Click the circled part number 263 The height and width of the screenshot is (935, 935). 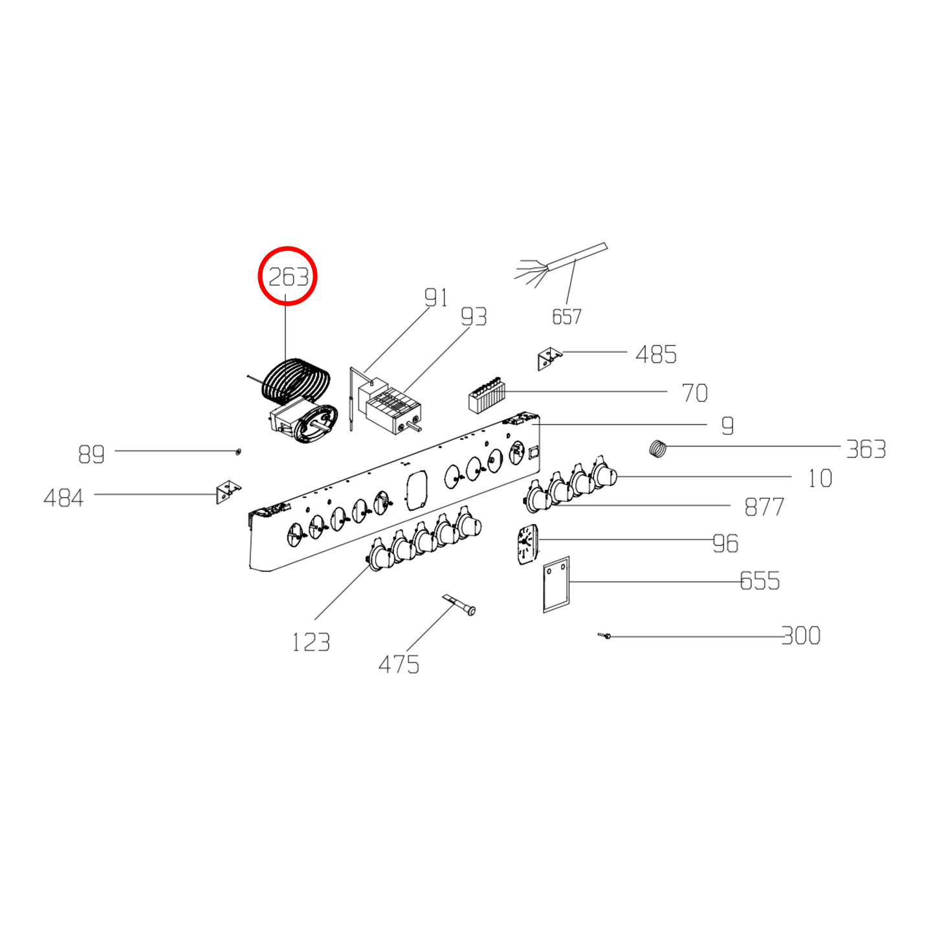[288, 277]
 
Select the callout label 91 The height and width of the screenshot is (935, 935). [436, 298]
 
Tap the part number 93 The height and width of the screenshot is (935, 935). [474, 317]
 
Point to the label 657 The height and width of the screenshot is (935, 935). [566, 316]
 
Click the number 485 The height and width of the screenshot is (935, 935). [655, 355]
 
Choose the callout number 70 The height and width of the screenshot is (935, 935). [694, 393]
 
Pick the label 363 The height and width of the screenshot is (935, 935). [865, 449]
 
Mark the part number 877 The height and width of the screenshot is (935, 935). [764, 507]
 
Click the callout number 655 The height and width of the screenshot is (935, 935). [760, 581]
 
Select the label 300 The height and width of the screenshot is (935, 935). [801, 636]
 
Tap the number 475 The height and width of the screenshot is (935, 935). [399, 665]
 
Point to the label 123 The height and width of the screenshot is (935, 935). [311, 643]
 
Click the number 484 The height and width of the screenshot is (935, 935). [63, 498]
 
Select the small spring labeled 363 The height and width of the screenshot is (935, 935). [657, 448]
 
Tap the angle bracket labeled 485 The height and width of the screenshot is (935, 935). [549, 358]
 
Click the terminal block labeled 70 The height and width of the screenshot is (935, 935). [487, 397]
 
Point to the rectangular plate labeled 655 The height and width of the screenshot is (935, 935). [556, 584]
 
